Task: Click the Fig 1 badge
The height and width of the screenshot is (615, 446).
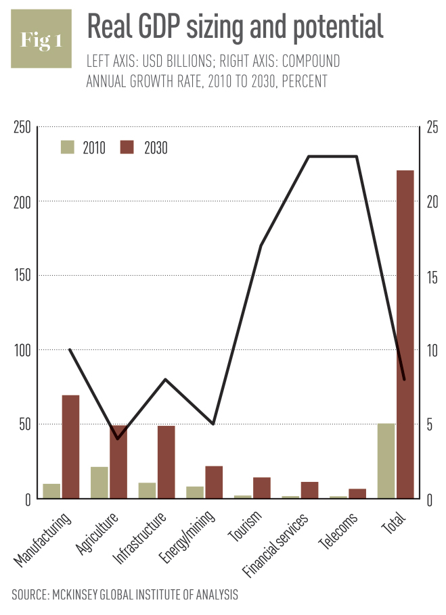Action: coord(41,39)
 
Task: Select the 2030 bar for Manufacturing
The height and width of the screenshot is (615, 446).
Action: coord(71,447)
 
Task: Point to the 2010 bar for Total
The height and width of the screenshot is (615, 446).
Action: coord(386,461)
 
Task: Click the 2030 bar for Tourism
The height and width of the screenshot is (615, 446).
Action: coord(262,488)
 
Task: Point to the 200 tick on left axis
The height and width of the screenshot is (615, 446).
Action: coord(23,201)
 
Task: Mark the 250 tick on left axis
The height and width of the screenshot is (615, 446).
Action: coord(23,127)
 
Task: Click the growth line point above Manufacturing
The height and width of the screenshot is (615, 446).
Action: coord(70,350)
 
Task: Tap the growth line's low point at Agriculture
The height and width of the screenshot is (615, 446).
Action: coord(118,439)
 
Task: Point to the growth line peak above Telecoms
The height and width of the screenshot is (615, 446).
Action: coord(357,157)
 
